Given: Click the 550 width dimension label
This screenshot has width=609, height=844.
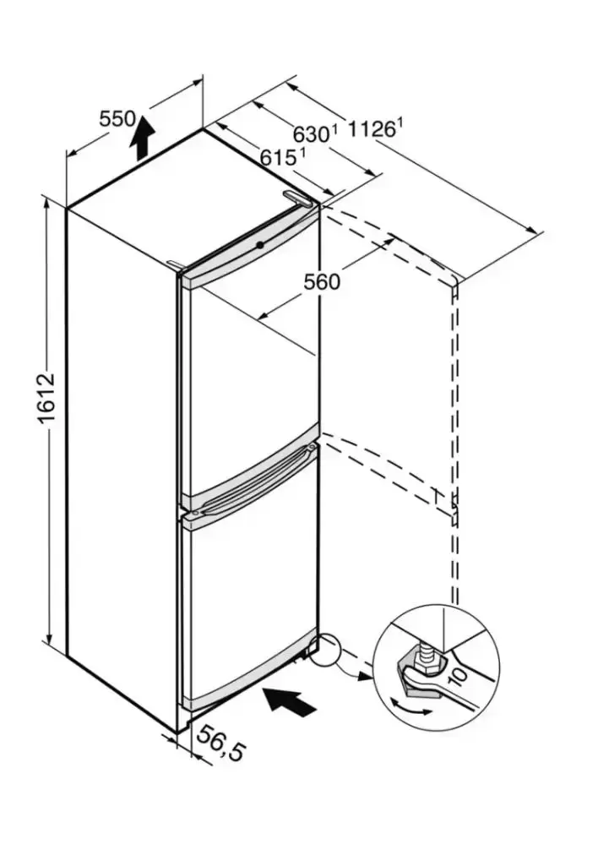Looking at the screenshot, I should point(117,119).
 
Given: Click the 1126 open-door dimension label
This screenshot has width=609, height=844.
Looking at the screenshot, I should point(371,128).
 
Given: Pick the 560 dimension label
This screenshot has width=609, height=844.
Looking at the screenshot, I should point(322,281).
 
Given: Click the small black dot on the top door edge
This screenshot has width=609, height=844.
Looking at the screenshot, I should point(258,245).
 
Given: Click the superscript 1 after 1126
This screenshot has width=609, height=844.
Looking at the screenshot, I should point(400,123).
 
